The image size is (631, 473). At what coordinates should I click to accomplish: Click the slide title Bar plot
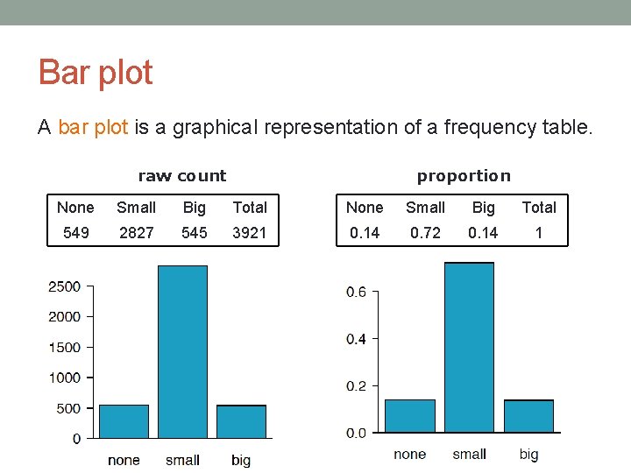click(96, 73)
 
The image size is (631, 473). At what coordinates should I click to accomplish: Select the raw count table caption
click(182, 176)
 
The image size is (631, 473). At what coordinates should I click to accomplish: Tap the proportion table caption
click(463, 176)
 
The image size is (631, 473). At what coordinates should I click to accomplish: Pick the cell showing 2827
click(136, 232)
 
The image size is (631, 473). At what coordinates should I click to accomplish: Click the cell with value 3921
click(250, 232)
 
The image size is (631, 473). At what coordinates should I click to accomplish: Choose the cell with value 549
click(75, 232)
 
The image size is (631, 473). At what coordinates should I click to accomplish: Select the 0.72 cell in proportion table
click(425, 232)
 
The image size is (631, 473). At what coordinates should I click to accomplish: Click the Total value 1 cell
click(539, 232)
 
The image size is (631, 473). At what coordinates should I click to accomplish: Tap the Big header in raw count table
click(194, 208)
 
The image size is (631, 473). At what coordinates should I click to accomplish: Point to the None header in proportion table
click(365, 208)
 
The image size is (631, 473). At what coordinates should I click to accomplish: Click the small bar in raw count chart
click(182, 350)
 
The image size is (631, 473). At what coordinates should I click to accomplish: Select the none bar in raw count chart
click(124, 421)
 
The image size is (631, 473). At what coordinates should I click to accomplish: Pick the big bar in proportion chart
click(528, 416)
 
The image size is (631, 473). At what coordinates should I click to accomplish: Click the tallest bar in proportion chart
click(469, 347)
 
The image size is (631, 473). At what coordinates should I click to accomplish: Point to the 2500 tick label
click(64, 286)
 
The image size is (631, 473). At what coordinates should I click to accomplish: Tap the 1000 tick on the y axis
click(64, 378)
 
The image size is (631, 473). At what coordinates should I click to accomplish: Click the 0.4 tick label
click(356, 339)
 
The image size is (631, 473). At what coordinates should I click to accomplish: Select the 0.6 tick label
click(356, 293)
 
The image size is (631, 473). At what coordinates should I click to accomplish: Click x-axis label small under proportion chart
click(469, 454)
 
